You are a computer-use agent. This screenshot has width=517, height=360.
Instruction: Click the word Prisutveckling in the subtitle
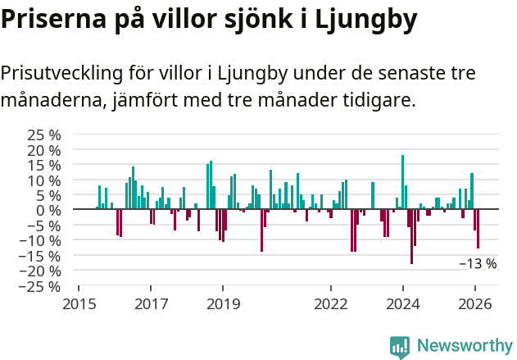[62, 73]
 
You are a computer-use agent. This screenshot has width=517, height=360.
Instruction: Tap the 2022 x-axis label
[330, 304]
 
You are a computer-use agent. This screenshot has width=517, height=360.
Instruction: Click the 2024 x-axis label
[402, 304]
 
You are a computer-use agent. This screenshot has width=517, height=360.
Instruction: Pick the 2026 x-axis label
[474, 304]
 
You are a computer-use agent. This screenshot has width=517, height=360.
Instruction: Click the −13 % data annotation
[478, 264]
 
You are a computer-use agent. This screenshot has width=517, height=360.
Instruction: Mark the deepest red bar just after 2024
[411, 236]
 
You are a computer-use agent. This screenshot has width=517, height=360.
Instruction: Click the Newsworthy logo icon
[400, 346]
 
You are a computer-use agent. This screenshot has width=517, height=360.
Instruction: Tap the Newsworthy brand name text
[465, 346]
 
